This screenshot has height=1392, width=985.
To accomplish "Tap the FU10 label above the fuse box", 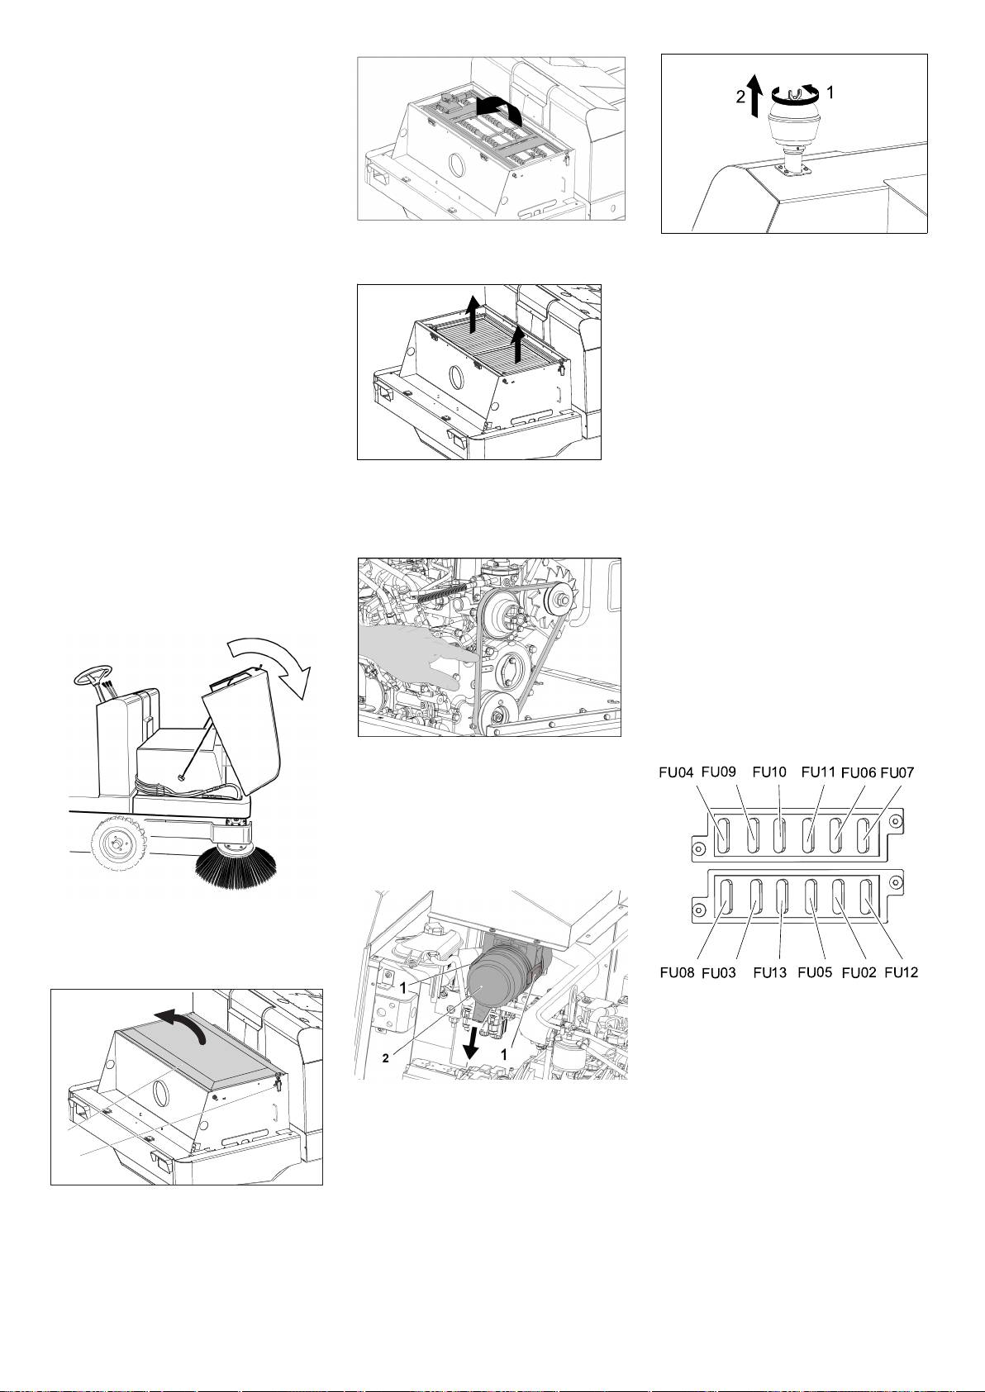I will click(768, 772).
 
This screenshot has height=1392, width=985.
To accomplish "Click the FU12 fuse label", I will click(902, 973).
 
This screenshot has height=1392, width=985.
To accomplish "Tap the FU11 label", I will click(819, 772).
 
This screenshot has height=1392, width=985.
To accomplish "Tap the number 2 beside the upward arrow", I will click(740, 96).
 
